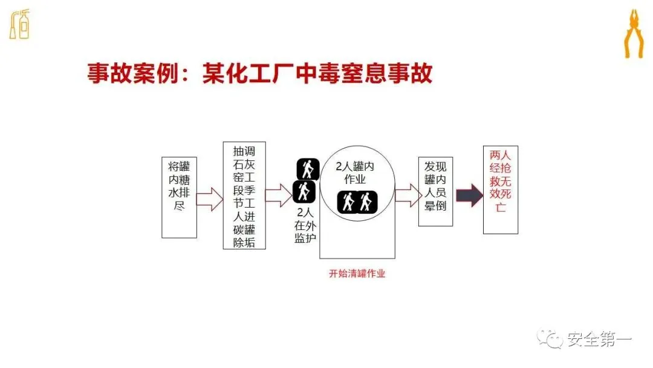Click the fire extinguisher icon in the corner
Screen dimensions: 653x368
point(19,24)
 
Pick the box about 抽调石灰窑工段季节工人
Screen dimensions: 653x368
point(244,195)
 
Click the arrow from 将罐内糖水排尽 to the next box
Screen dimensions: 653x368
point(210,198)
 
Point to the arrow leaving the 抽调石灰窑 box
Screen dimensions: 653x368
point(278,194)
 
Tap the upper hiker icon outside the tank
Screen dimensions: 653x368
point(307,169)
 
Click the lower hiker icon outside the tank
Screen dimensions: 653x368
point(304,192)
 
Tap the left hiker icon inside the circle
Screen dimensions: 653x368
point(348,202)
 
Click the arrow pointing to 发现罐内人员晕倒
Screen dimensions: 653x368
point(408,195)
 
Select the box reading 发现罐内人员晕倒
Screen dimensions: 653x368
point(435,192)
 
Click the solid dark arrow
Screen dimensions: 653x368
point(469,194)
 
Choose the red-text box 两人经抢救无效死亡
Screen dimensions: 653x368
point(500,189)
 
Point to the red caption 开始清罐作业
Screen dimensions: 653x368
point(357,273)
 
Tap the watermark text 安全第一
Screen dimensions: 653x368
point(599,340)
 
